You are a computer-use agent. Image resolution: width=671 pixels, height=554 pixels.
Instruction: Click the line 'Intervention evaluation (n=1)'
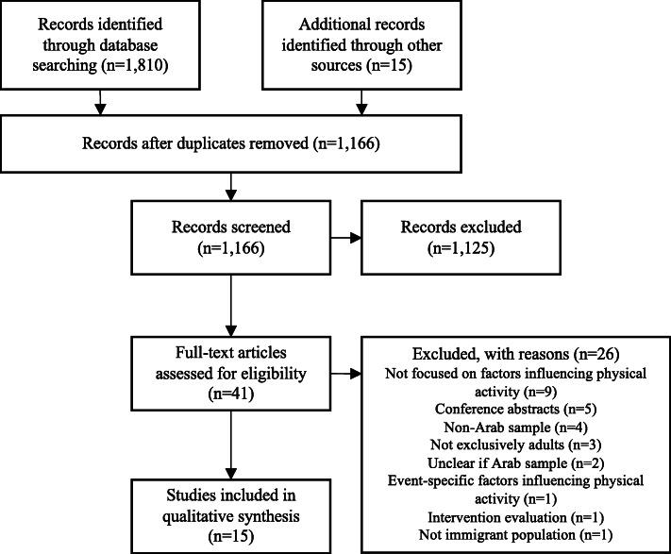[513, 517]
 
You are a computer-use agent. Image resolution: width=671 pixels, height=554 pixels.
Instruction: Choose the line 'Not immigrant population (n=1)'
[513, 535]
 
